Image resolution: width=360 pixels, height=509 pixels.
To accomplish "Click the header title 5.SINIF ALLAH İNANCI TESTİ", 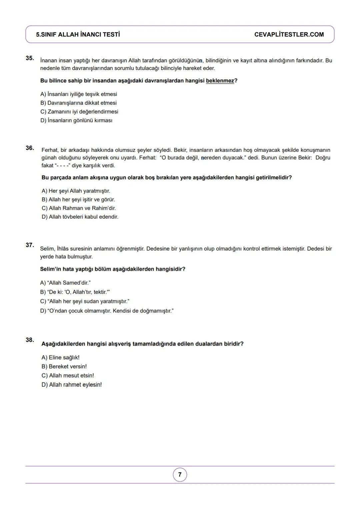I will pyautogui.click(x=78, y=35).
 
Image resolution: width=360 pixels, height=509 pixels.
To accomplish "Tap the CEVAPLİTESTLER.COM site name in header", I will pyautogui.click(x=289, y=35).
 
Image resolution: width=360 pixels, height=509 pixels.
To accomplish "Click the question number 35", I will pyautogui.click(x=30, y=58).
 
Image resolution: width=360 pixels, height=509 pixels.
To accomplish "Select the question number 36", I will pyautogui.click(x=30, y=148).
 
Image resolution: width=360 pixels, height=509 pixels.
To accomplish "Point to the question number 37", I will pyautogui.click(x=30, y=245).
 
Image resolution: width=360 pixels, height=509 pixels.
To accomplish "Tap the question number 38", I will pyautogui.click(x=30, y=340).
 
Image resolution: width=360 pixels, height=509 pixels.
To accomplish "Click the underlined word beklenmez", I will pyautogui.click(x=220, y=81).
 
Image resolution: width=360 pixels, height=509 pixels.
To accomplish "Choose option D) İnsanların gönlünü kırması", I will pyautogui.click(x=76, y=120).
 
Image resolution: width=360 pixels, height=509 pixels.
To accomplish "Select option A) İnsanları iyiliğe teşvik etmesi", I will pyautogui.click(x=79, y=94).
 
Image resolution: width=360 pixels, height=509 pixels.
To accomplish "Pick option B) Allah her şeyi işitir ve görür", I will pyautogui.click(x=78, y=200).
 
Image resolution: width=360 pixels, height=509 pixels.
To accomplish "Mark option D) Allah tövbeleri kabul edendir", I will pyautogui.click(x=80, y=217).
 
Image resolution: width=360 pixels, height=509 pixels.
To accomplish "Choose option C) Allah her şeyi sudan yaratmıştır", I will pyautogui.click(x=85, y=301).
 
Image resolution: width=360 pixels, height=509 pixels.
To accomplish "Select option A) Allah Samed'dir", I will pyautogui.click(x=65, y=283).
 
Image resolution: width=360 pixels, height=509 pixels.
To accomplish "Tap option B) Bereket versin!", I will pyautogui.click(x=64, y=367).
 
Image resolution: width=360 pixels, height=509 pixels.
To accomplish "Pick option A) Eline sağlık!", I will pyautogui.click(x=60, y=358).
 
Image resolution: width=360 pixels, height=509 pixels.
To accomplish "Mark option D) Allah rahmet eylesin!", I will pyautogui.click(x=72, y=385).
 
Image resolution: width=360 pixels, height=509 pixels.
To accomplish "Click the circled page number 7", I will pyautogui.click(x=180, y=475).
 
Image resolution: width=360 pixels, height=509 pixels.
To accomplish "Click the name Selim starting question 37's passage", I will pyautogui.click(x=47, y=249).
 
